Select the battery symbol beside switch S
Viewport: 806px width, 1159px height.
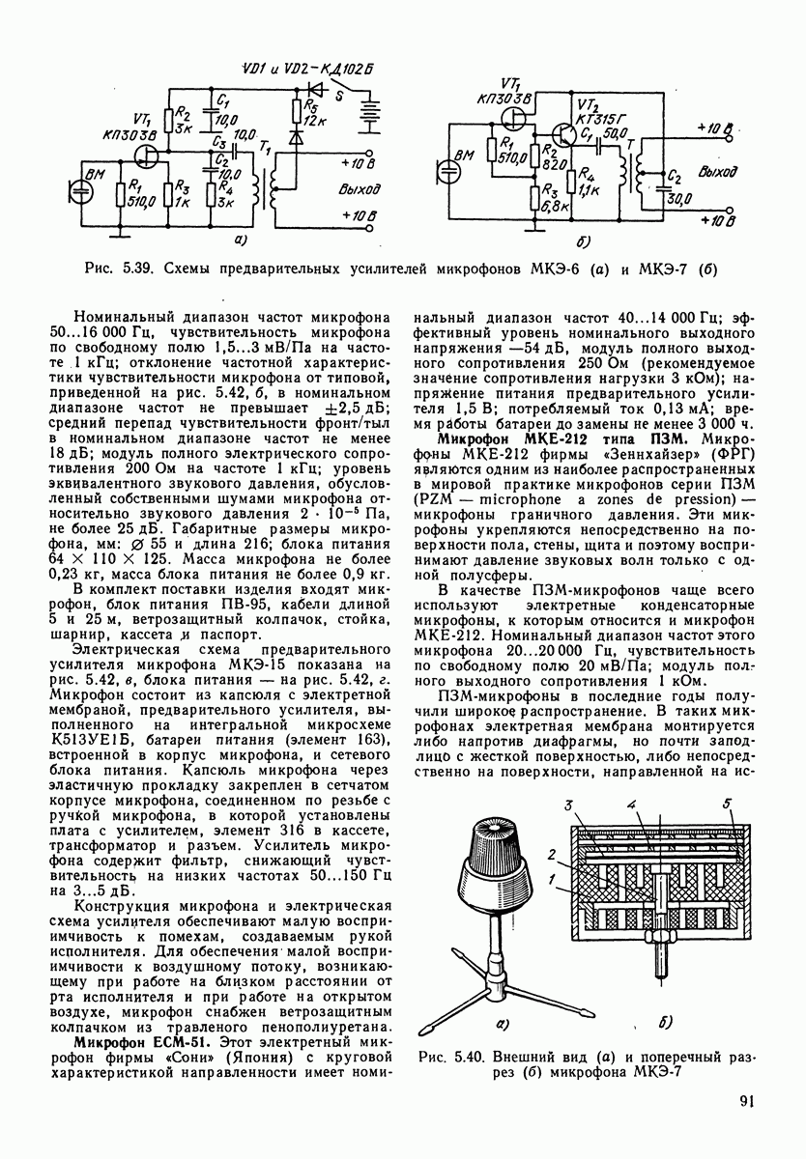366,114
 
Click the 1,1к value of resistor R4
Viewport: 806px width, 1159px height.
590,190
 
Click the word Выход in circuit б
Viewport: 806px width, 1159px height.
717,172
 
